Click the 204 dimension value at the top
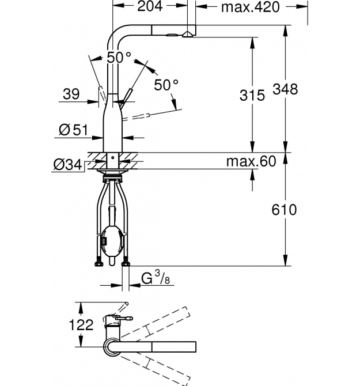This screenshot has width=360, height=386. coord(150,6)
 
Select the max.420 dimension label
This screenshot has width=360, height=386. coord(250,7)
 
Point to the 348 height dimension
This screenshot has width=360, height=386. coord(285,89)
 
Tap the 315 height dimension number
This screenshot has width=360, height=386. coord(252,95)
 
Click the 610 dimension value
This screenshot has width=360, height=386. coord(284,210)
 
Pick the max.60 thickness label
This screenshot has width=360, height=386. coord(251,161)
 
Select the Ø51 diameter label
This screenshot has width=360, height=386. coord(73,130)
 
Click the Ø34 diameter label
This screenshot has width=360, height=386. coord(67,164)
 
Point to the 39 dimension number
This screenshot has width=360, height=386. coord(71,94)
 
